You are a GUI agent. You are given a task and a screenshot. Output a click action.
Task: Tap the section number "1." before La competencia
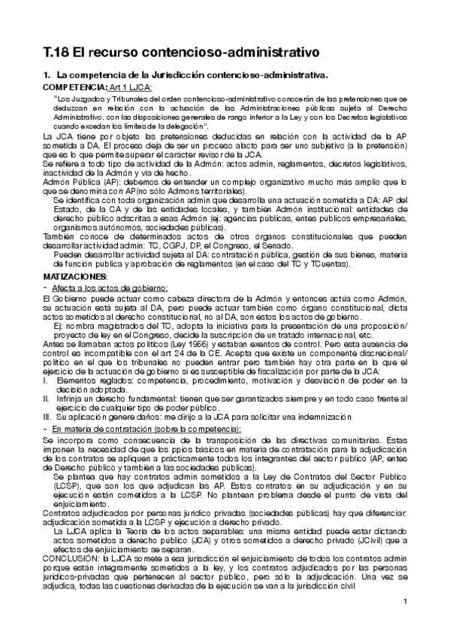point(47,76)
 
